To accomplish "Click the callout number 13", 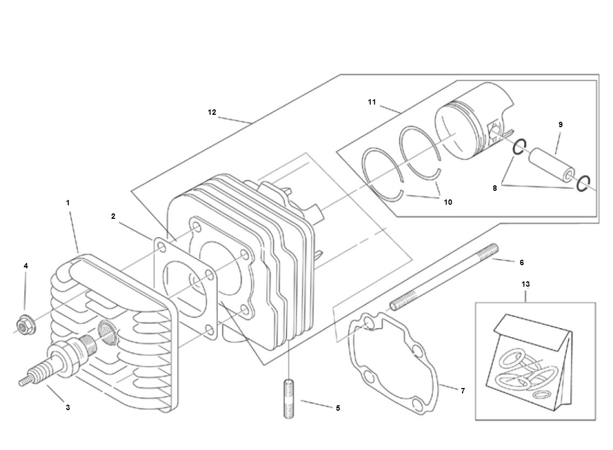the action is tap(526, 284).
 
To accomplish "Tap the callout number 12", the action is tap(212, 112).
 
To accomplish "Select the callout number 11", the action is tap(372, 102).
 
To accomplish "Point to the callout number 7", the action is tap(463, 391).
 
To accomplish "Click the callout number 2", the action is tap(113, 216).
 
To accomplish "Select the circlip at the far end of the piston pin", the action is tap(582, 184).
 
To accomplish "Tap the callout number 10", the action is tap(447, 202).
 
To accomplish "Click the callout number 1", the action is tap(67, 203).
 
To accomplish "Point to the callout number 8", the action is tap(495, 188).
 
